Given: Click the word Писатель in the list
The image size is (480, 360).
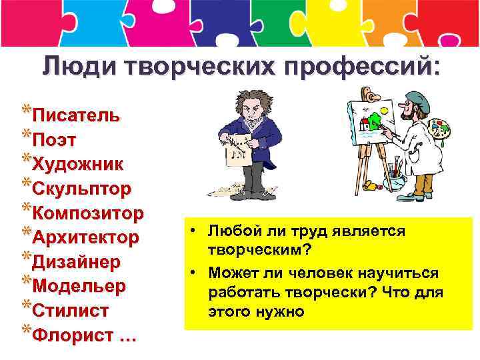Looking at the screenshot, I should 77,115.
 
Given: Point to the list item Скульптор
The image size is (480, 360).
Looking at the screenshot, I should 82,189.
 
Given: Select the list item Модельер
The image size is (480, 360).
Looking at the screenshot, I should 79,287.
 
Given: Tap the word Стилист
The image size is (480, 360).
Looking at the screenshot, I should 71,311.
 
